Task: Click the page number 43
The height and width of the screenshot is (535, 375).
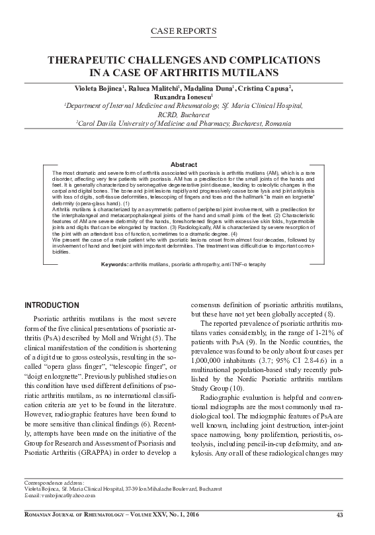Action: click(340, 516)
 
